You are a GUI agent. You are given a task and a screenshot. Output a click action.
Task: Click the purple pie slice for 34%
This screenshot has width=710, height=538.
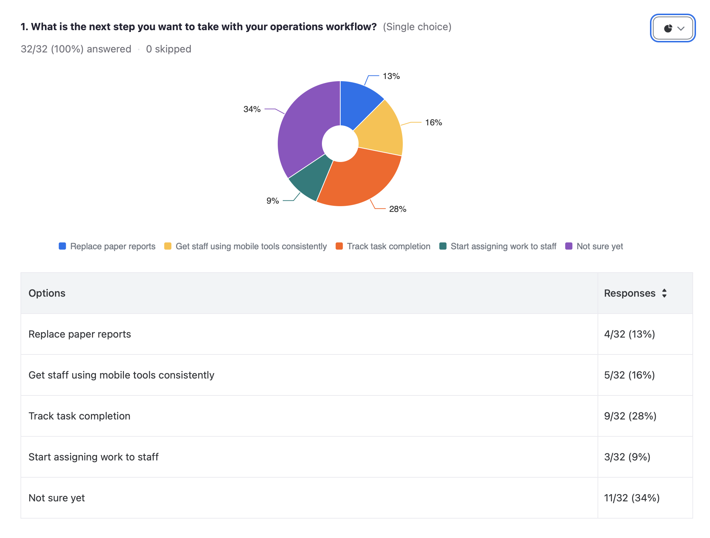[x=300, y=133]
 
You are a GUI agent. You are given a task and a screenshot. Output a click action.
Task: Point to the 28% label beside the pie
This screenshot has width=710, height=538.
[x=397, y=209]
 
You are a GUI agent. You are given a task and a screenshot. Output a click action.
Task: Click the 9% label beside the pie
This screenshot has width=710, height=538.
[x=272, y=201]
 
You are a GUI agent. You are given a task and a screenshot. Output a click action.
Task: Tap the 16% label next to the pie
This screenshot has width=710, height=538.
[x=433, y=122]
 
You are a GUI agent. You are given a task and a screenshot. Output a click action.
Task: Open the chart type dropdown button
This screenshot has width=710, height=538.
[x=673, y=28]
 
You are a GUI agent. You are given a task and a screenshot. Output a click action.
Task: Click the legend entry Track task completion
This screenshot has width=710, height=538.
[x=388, y=246]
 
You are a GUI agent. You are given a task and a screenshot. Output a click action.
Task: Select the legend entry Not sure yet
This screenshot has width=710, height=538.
[x=599, y=246]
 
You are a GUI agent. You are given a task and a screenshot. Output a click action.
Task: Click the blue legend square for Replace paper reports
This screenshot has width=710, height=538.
[x=62, y=246]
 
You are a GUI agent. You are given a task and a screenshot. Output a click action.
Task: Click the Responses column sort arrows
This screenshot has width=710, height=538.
[x=664, y=293]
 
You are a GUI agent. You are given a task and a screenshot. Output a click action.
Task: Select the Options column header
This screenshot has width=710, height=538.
[x=47, y=293]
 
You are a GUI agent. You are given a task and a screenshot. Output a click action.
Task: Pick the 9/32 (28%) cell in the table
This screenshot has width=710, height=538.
[x=630, y=416]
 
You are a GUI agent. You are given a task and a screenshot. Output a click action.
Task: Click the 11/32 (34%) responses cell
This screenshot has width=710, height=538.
[x=632, y=498]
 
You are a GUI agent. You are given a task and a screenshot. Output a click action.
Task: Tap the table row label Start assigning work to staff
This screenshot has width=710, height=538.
[x=93, y=457]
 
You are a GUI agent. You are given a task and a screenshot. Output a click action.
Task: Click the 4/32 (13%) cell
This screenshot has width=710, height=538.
[x=629, y=334]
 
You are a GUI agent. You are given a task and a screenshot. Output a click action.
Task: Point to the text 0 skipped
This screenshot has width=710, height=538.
[x=169, y=49]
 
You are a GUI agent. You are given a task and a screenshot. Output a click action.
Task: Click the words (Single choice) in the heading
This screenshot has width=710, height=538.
[x=417, y=27]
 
